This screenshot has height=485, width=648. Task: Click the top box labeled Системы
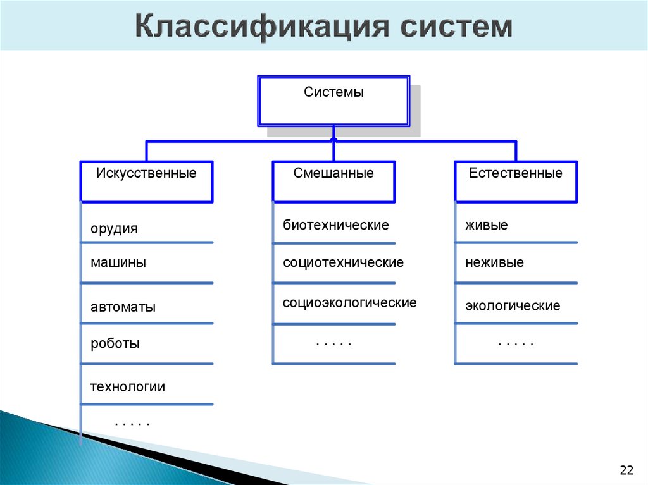click(333, 101)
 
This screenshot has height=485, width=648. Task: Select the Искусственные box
click(146, 181)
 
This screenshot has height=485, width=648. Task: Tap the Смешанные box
click(333, 181)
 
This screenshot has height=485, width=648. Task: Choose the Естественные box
click(516, 181)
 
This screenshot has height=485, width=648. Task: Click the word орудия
click(114, 229)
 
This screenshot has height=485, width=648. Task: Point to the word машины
click(118, 262)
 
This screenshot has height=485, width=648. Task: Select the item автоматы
click(123, 307)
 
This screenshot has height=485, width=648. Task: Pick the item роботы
click(115, 344)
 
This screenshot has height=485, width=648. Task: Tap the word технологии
click(127, 387)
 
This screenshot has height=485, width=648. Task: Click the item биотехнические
click(335, 225)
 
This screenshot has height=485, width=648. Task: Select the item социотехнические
click(343, 262)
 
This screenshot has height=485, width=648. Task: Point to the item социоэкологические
click(349, 303)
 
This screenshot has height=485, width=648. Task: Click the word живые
click(487, 225)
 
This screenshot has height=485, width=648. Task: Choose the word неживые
click(494, 262)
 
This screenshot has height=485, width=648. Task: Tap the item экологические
click(513, 306)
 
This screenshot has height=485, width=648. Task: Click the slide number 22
click(626, 470)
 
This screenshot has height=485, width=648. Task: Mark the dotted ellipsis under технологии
click(132, 423)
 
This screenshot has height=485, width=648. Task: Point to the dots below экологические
click(516, 343)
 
